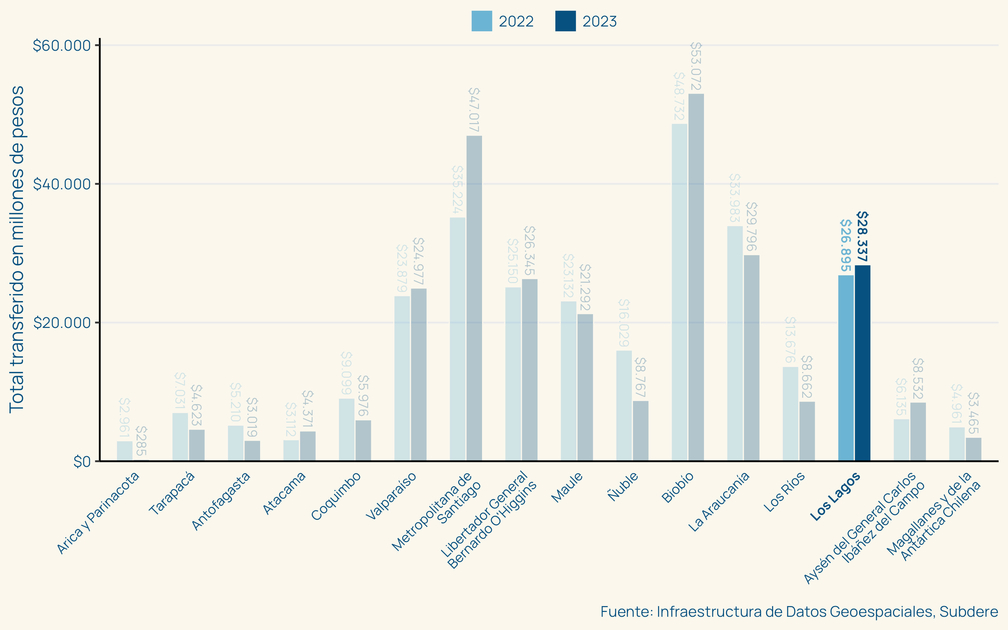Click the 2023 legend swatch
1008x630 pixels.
click(x=565, y=21)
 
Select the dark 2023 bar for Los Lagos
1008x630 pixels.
click(x=862, y=362)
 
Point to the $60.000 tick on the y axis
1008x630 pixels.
click(x=62, y=46)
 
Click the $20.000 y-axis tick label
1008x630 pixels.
click(x=62, y=322)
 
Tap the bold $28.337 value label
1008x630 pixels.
click(x=862, y=236)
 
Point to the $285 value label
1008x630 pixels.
click(x=141, y=441)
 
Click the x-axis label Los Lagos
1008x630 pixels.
click(x=835, y=496)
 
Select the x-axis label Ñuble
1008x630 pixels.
click(x=623, y=486)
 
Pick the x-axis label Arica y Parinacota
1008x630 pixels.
click(x=98, y=513)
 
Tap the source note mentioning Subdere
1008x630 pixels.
click(x=799, y=611)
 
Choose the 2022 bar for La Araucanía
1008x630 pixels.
click(x=735, y=343)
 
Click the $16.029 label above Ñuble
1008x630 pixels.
click(x=624, y=323)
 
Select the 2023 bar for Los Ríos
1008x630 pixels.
click(x=807, y=431)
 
